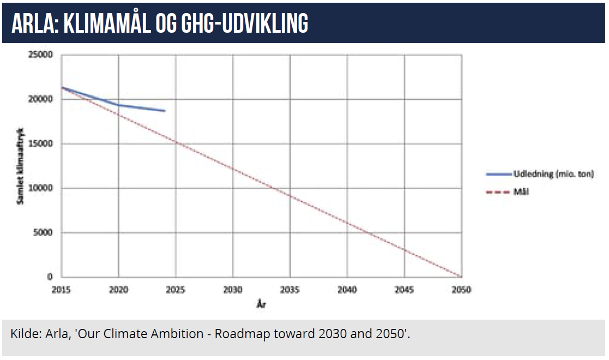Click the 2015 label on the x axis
pyautogui.click(x=61, y=290)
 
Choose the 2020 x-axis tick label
pyautogui.click(x=118, y=290)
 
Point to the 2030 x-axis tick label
pyautogui.click(x=233, y=290)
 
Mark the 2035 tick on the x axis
pyautogui.click(x=290, y=290)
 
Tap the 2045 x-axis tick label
pyautogui.click(x=405, y=290)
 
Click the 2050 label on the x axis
pyautogui.click(x=461, y=290)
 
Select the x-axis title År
pyautogui.click(x=261, y=304)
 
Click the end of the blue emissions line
pyautogui.click(x=165, y=111)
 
